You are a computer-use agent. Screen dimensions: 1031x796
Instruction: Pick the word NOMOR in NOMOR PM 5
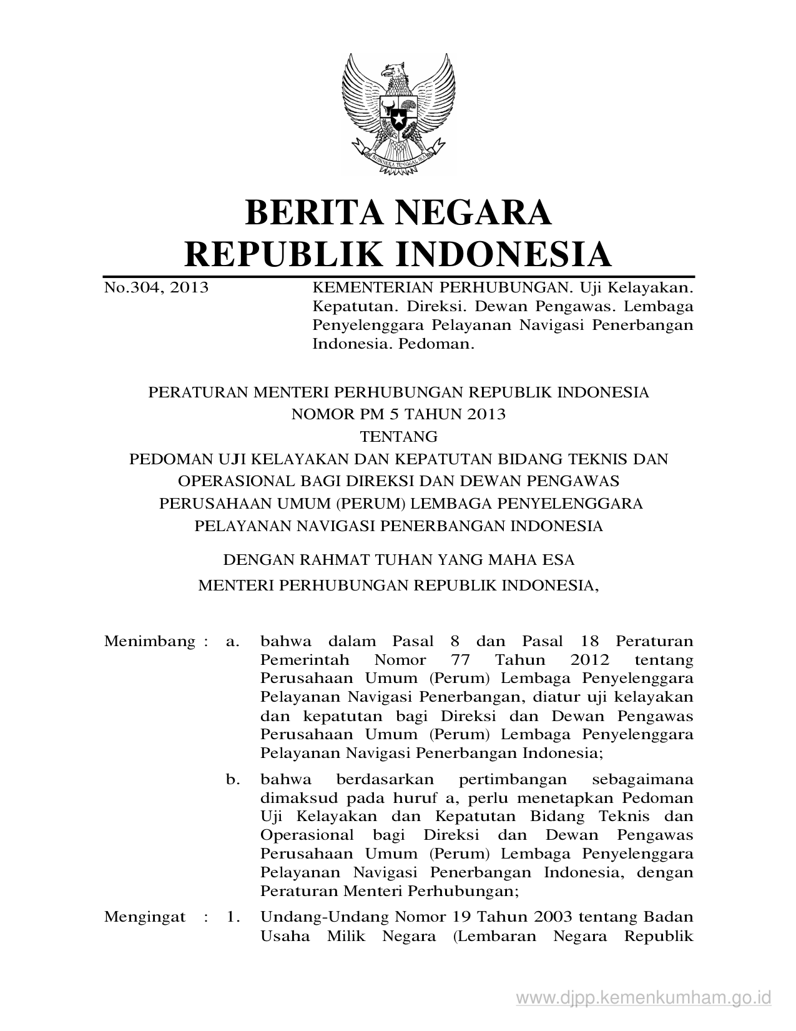324,414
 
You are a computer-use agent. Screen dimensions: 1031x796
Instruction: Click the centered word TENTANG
398,436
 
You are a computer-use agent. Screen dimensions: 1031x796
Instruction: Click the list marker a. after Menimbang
233,642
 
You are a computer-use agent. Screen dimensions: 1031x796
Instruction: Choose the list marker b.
233,780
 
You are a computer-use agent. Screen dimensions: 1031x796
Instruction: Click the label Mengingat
145,917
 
